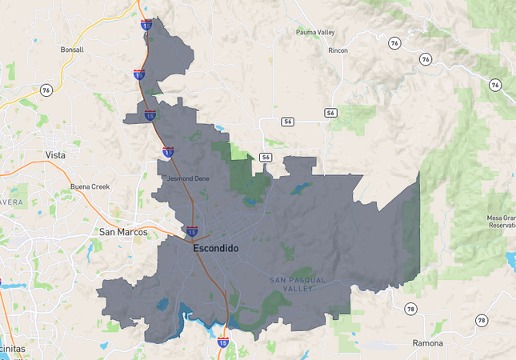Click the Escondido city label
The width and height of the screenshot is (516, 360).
215,249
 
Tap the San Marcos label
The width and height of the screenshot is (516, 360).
123,232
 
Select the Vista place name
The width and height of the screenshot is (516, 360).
55,154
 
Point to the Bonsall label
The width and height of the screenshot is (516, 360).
72,50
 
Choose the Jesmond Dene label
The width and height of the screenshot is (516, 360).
188,178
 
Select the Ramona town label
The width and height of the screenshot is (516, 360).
427,342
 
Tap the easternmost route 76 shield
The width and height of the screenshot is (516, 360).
495,85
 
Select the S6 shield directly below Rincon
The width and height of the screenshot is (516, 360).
330,113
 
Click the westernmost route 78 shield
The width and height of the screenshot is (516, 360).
410,309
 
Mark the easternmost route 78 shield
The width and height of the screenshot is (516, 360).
481,320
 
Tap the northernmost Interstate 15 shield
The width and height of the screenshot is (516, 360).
145,26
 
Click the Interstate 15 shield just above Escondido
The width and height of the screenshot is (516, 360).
192,232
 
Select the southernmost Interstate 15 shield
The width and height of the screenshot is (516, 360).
223,342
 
